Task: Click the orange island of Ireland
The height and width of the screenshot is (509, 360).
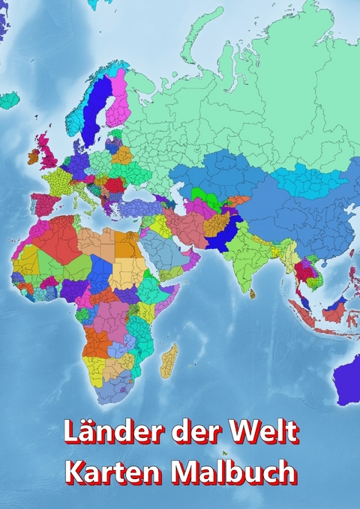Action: (x=34, y=157)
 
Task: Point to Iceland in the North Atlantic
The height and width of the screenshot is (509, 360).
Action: (x=8, y=99)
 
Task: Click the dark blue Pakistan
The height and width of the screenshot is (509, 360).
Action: (x=223, y=235)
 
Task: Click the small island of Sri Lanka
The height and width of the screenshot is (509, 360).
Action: (x=253, y=292)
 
